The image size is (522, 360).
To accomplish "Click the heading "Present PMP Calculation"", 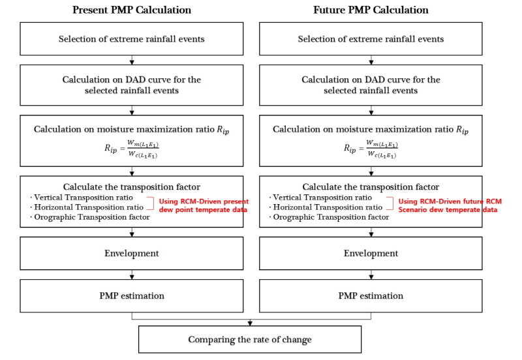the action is pos(132,10).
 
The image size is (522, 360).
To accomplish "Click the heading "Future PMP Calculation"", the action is pos(371,10).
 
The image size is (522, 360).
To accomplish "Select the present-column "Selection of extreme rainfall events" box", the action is pos(132,39).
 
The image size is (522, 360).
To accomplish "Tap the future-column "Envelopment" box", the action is pos(371,253).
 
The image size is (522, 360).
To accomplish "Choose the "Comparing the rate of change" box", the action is pos(250,339).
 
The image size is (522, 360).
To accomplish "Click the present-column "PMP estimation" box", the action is pos(132,296).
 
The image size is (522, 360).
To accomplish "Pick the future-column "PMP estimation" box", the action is pos(371,296).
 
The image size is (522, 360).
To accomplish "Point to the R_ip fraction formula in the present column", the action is pos(132,149).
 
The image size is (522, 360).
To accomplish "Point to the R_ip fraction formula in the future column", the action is pos(371,149).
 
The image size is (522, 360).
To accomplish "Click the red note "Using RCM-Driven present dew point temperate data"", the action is pos(204,205).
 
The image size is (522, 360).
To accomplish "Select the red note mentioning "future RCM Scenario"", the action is pos(450,205).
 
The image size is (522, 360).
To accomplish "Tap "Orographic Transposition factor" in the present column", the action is pos(92,217).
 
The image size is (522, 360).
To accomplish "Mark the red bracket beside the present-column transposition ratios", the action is pos(153,203).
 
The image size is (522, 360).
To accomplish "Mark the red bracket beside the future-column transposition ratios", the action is pos(393,203).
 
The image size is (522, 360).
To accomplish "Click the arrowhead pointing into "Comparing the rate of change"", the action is pos(250,323).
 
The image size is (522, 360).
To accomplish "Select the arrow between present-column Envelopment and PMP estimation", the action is pos(132,275).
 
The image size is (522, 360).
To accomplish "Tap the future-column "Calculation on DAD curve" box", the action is pos(371,85).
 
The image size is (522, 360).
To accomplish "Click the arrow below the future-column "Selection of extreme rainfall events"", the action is pos(371,60).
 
